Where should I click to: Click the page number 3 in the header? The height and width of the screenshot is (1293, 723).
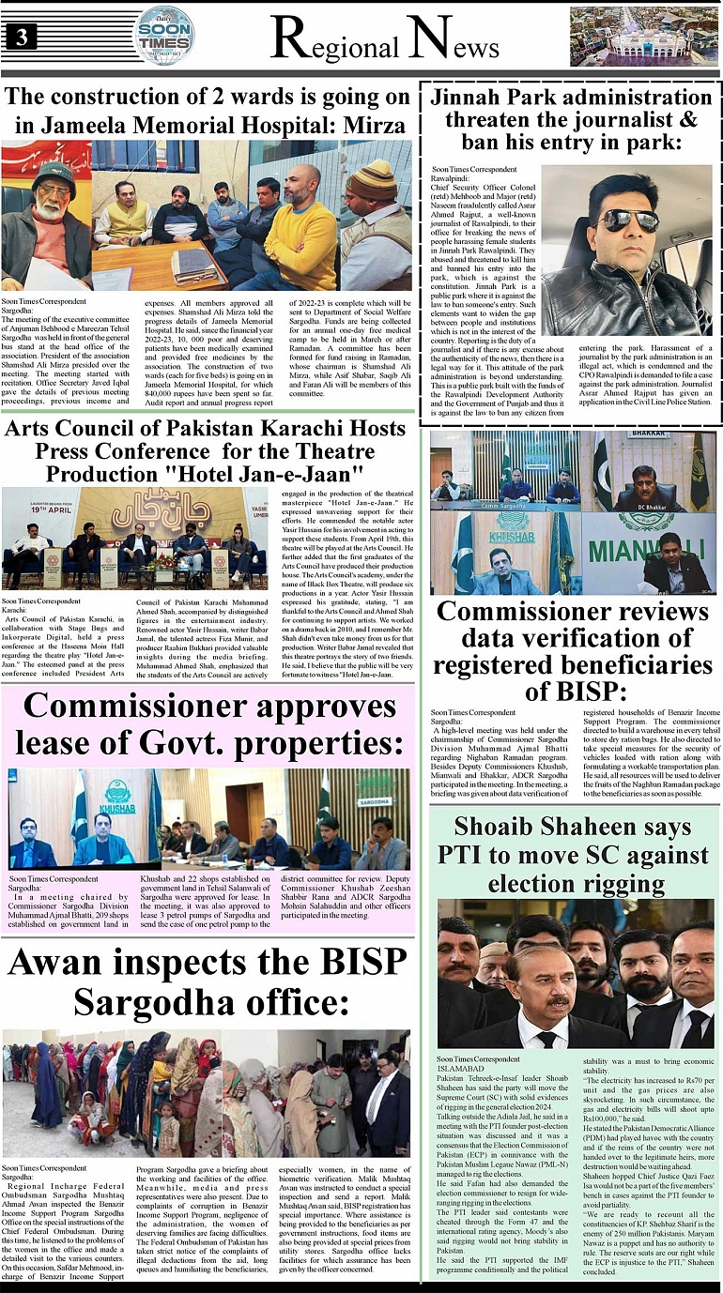pos(20,37)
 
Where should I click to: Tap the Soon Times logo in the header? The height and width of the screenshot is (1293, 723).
pos(165,35)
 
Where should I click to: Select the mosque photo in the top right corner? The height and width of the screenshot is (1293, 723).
pos(643,37)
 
